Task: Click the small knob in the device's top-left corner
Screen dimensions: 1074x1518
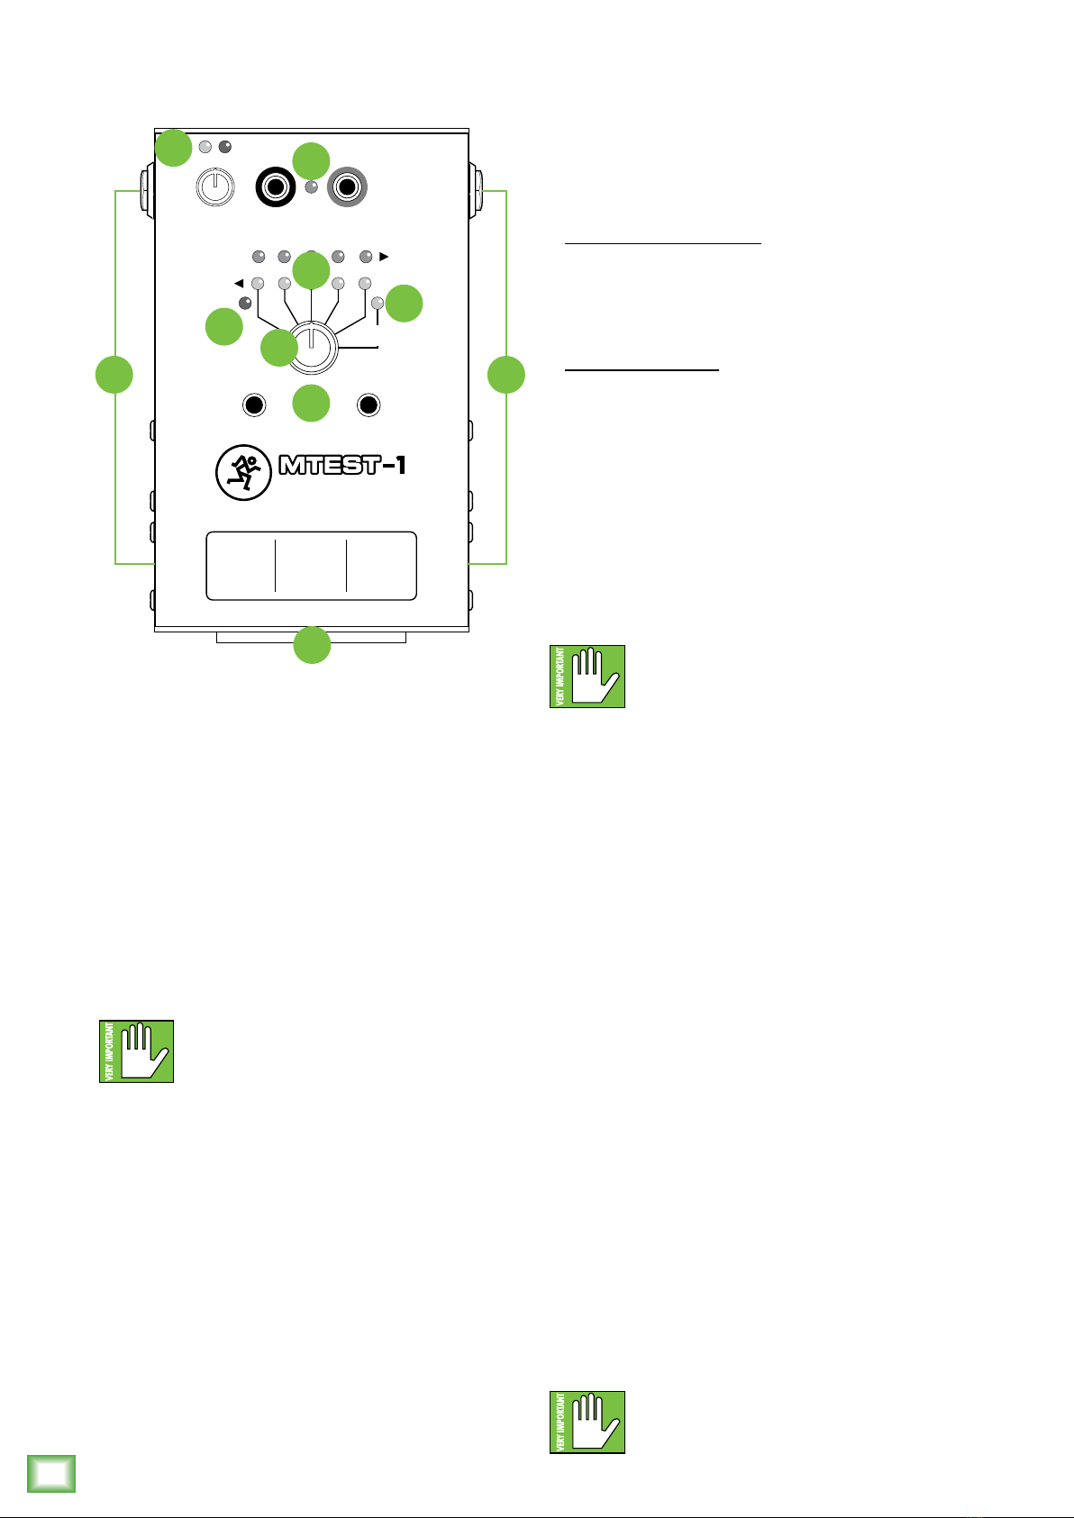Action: click(x=214, y=188)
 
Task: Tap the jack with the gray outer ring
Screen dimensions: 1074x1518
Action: click(x=347, y=188)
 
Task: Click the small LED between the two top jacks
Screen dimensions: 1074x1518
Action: click(x=312, y=187)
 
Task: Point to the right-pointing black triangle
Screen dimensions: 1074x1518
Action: click(x=385, y=257)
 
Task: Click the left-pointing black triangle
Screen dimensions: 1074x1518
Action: click(x=239, y=283)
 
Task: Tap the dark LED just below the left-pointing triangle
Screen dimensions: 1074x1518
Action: click(x=244, y=302)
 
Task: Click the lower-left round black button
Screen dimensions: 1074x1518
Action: click(x=254, y=406)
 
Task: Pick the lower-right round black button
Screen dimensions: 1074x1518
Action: click(x=368, y=406)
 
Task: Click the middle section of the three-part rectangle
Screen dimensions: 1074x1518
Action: click(x=311, y=566)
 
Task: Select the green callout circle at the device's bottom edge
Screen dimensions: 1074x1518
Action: click(x=312, y=646)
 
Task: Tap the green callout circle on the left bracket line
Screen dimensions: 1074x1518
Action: click(x=114, y=374)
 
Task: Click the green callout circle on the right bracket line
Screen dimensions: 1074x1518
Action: click(x=506, y=374)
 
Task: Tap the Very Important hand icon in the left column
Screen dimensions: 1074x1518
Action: click(x=136, y=1051)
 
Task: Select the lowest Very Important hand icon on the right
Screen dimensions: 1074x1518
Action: click(x=587, y=1423)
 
